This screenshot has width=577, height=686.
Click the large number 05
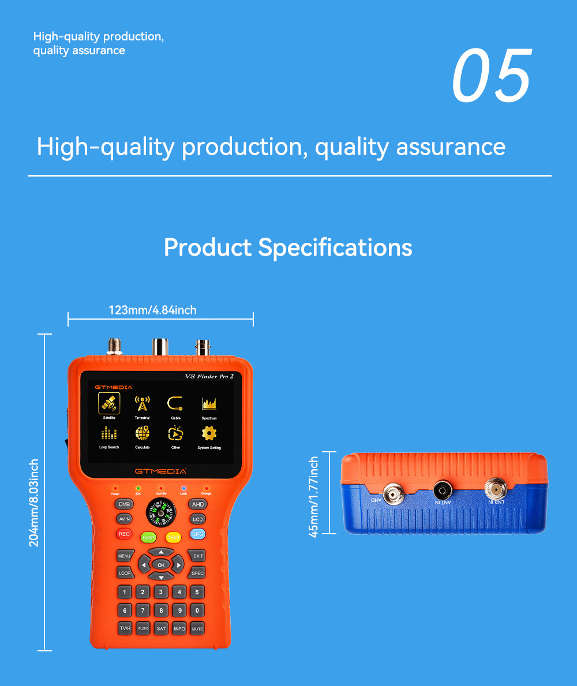click(x=491, y=76)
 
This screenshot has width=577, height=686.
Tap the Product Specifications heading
click(x=288, y=248)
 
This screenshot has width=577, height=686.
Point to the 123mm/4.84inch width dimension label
click(x=153, y=310)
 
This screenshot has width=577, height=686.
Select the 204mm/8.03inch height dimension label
click(x=34, y=503)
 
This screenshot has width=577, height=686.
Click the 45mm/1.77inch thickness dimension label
click(x=314, y=497)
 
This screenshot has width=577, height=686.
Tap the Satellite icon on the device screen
click(x=109, y=403)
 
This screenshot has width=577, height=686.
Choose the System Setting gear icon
click(x=209, y=433)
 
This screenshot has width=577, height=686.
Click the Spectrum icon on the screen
click(x=209, y=403)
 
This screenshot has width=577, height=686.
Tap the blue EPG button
click(x=197, y=534)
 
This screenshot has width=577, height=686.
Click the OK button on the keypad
click(x=161, y=565)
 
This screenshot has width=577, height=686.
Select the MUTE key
click(x=197, y=628)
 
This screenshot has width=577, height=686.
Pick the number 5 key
click(x=197, y=592)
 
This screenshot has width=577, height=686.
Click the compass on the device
click(x=161, y=512)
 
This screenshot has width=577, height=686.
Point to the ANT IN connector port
click(x=443, y=492)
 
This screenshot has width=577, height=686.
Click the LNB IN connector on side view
click(x=494, y=490)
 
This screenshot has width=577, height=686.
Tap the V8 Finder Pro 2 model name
click(x=209, y=377)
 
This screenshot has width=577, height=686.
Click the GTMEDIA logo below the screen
click(x=160, y=471)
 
